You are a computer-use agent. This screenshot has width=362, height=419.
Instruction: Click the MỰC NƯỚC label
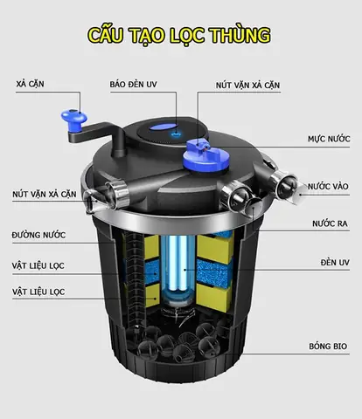[x=328, y=139]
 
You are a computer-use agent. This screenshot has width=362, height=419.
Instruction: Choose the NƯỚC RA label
[x=330, y=223]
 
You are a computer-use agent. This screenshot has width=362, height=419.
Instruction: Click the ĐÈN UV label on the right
[x=334, y=262]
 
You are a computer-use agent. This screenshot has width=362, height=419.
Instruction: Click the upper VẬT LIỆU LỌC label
[x=38, y=264]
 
